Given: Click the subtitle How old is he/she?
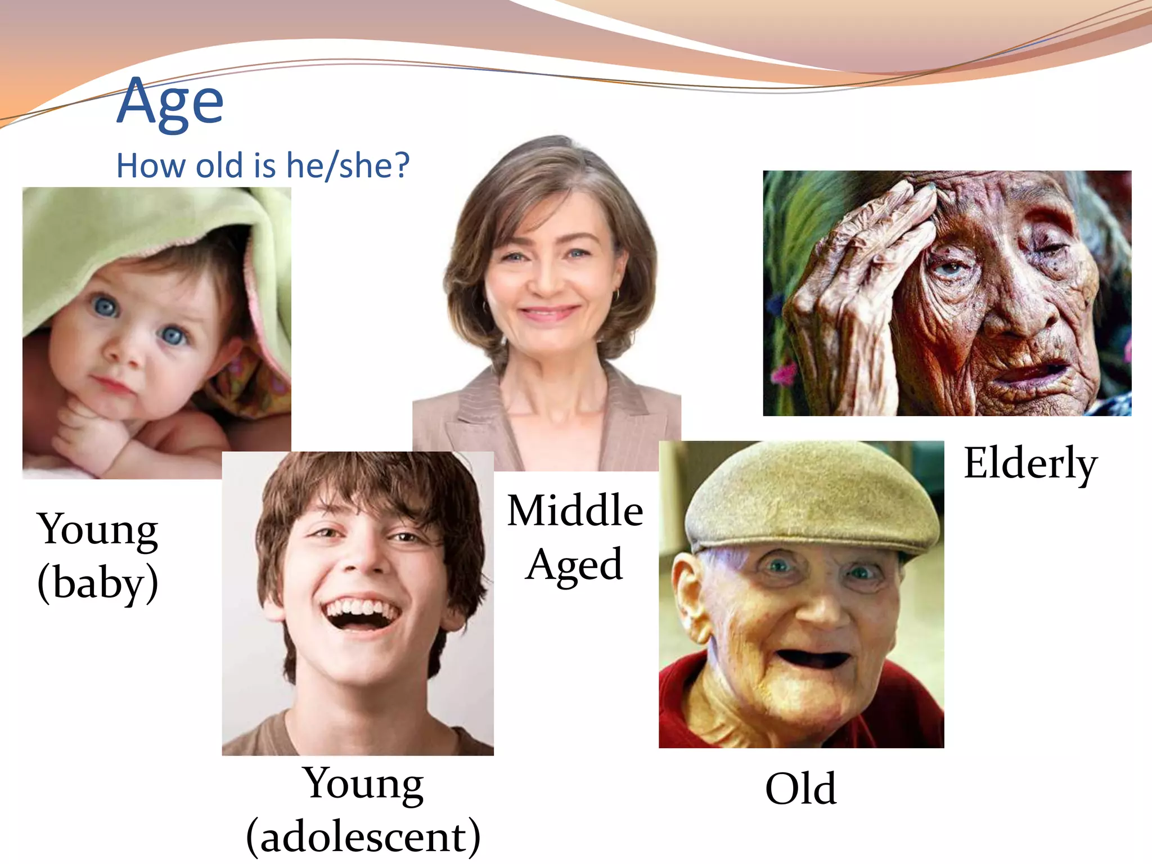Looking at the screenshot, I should tap(263, 166).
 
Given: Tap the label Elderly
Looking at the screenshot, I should tap(1030, 463).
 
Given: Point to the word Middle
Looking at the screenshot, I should tap(575, 511).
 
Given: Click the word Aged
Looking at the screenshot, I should tap(575, 564).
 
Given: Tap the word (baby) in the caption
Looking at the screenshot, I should tap(98, 583).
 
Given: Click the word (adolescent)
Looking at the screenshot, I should tap(363, 836).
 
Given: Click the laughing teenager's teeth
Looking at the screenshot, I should tap(361, 609).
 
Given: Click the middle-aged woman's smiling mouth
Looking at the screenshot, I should tap(548, 312).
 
